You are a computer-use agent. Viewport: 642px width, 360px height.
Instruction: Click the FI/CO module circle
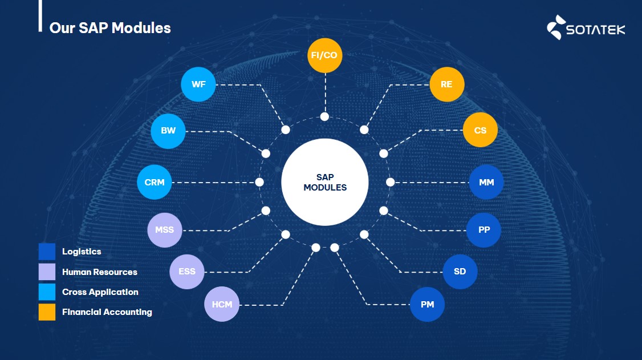coord(324,55)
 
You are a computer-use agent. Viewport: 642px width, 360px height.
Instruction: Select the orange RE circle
coord(446,84)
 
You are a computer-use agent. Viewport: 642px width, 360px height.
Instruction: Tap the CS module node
coord(480,130)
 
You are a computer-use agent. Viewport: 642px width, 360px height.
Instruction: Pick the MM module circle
coord(486,182)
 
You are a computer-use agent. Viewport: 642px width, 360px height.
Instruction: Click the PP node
coord(483,230)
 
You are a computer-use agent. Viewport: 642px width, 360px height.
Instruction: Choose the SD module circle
coord(460,272)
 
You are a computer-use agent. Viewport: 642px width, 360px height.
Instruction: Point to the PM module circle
coord(427,304)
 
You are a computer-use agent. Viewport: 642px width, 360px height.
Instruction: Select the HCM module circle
coord(222,304)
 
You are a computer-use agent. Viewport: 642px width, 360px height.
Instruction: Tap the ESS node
coord(186,272)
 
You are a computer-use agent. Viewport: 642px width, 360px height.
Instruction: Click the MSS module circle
coord(165,230)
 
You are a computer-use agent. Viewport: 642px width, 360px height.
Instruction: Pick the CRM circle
coord(155,182)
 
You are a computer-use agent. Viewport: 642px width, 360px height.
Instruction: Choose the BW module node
coord(168,131)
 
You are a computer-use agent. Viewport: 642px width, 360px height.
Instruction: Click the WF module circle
coord(198,84)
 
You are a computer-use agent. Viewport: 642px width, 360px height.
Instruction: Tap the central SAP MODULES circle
coord(324,182)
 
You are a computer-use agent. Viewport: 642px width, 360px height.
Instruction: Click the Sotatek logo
coord(586,27)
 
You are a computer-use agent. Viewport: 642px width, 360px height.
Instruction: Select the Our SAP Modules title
coord(110,28)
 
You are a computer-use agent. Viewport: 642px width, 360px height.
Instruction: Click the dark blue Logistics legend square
coord(47,252)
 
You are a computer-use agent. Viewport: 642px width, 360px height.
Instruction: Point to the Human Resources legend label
coord(100,272)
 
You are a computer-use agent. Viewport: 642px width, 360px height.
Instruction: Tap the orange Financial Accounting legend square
coord(47,312)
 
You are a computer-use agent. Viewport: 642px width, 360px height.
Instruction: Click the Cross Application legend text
coord(100,292)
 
